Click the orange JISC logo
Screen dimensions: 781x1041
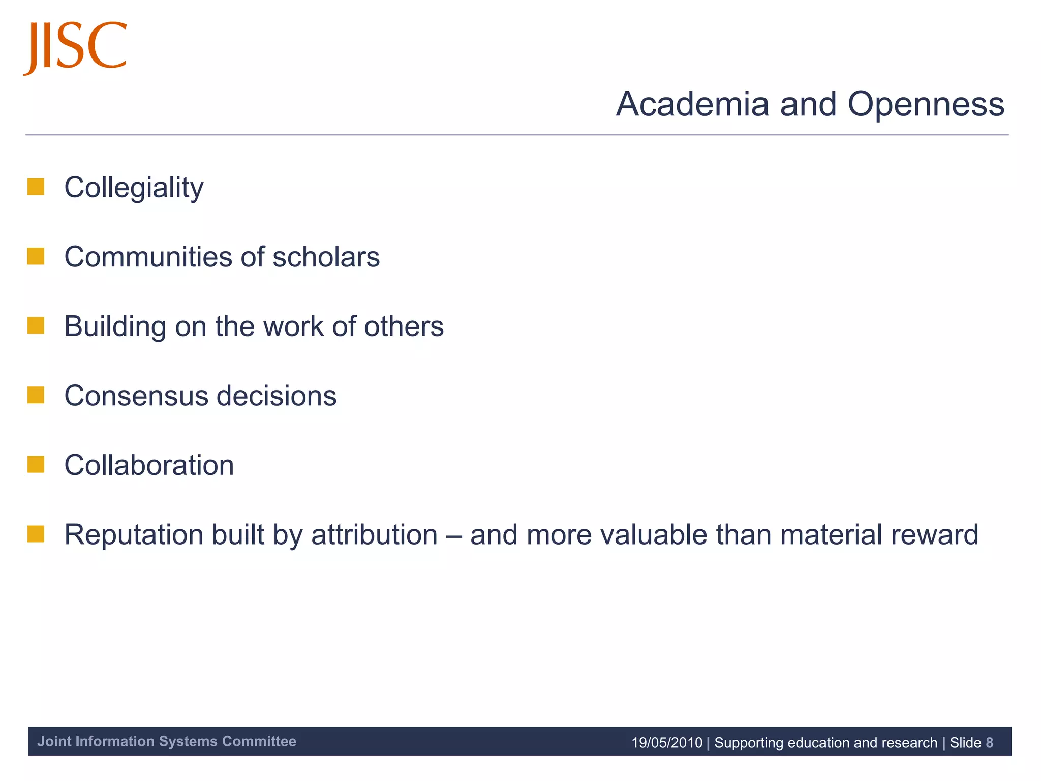[75, 47]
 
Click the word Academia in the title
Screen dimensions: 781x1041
[692, 104]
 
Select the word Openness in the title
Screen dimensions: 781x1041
[926, 104]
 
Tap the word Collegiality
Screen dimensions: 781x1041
[134, 188]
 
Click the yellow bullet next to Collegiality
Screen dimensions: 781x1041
[36, 187]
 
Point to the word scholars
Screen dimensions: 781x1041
[326, 257]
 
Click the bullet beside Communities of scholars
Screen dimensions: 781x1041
[36, 256]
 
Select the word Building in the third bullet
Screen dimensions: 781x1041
[115, 327]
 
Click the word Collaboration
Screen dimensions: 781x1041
[149, 465]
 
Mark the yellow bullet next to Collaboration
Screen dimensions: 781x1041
[36, 464]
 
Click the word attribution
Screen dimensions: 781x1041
[374, 535]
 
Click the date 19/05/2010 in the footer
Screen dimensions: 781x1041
[666, 743]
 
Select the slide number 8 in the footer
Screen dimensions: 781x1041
[989, 743]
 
